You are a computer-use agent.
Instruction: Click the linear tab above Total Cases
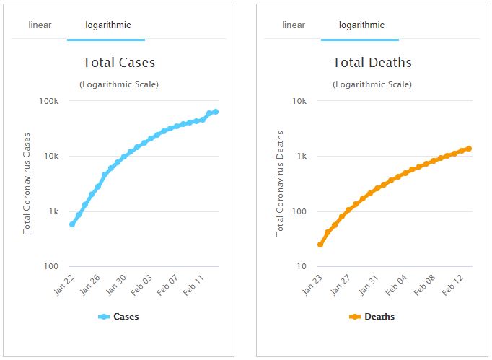(40, 25)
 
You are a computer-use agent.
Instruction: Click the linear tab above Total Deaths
(294, 25)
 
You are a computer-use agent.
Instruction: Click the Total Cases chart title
(119, 63)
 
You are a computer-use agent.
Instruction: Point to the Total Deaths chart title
(372, 63)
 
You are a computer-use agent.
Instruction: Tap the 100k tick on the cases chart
(48, 101)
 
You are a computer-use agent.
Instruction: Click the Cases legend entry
(119, 317)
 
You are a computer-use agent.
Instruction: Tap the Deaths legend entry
(372, 317)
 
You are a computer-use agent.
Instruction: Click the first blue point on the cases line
(72, 224)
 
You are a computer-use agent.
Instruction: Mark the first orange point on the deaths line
(320, 245)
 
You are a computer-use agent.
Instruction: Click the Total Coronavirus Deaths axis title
(281, 183)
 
